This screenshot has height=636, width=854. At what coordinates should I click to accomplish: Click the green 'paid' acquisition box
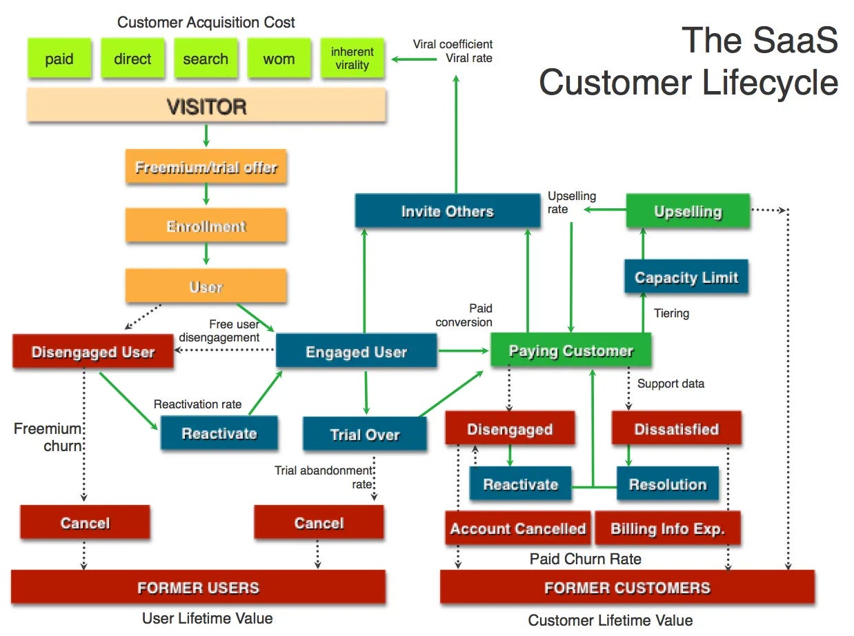[x=59, y=59]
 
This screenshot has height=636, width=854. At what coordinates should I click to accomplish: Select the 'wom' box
[x=279, y=59]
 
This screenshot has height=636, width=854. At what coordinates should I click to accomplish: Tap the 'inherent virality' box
[x=352, y=59]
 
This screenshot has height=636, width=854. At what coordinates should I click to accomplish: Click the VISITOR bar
[x=206, y=106]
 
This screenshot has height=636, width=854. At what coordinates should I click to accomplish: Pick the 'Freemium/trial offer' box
[x=206, y=167]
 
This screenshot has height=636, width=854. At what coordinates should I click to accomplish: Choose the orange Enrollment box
[x=206, y=226]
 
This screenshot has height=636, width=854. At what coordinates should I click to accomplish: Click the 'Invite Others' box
[x=447, y=211]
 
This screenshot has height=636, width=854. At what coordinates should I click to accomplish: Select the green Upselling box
[x=687, y=212]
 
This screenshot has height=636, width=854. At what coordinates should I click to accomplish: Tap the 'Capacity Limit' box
[x=686, y=277]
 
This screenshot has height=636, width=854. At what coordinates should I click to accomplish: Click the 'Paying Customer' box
[x=570, y=350]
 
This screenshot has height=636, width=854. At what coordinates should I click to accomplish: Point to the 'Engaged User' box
[x=356, y=351]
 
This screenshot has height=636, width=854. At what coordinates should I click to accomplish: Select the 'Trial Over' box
[x=364, y=434]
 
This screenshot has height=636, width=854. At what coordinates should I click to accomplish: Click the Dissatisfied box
[x=676, y=429]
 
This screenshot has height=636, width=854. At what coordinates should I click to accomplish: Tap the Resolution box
[x=667, y=484]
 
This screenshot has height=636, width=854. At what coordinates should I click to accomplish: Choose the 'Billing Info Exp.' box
[x=667, y=529]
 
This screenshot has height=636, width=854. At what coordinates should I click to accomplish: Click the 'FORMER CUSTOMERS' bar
[x=626, y=588]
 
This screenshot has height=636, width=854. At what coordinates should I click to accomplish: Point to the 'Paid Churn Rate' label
[x=585, y=559]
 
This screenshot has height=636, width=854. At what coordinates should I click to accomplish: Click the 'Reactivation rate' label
[x=197, y=404]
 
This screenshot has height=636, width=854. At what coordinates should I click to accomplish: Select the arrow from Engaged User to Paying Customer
[x=463, y=351]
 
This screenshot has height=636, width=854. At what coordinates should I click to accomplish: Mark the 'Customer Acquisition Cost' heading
[x=206, y=22]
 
